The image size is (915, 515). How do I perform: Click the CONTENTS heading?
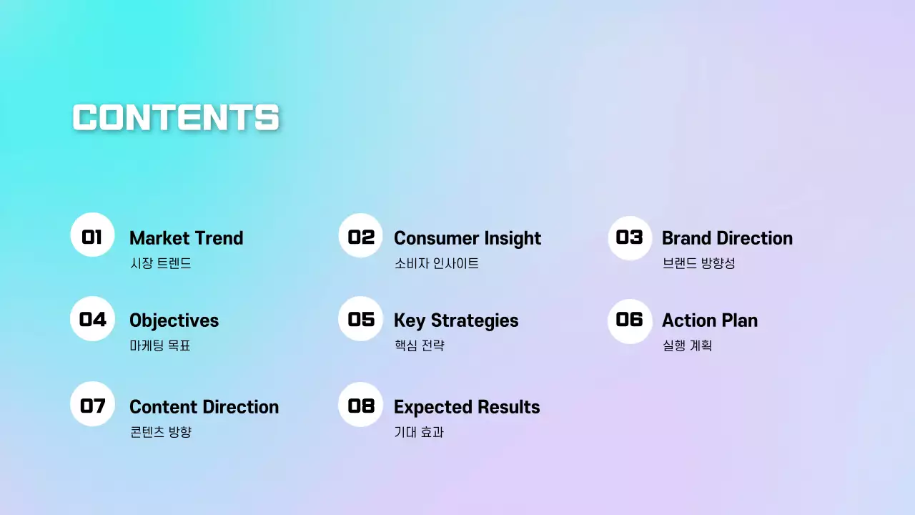(176, 117)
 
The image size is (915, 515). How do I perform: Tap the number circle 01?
(92, 235)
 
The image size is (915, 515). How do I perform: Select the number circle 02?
(361, 235)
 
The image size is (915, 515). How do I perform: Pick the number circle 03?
(630, 238)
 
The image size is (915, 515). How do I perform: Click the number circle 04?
(92, 319)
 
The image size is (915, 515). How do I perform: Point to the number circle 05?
(361, 319)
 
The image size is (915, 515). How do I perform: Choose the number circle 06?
(630, 321)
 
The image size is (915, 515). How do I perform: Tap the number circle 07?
(92, 404)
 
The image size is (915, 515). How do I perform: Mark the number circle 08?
(361, 405)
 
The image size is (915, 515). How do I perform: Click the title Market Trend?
(187, 238)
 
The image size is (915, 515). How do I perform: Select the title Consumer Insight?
(468, 239)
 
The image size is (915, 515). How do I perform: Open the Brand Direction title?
(727, 238)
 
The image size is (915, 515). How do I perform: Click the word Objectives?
(174, 321)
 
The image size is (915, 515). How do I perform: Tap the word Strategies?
(475, 321)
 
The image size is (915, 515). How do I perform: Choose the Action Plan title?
(710, 320)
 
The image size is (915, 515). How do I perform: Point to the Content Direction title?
(204, 407)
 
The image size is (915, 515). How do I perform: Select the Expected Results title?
(467, 408)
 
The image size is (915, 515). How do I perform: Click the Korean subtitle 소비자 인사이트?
(436, 263)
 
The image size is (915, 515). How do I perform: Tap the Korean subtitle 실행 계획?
(687, 345)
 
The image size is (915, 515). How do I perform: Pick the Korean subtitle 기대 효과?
(419, 432)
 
